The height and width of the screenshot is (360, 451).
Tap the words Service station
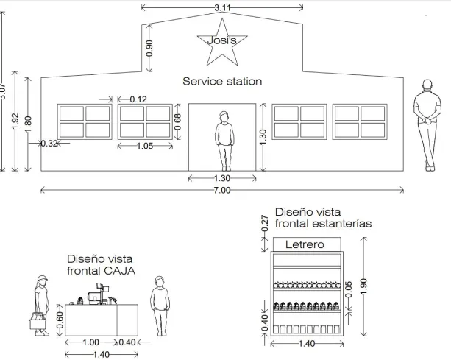point(222,82)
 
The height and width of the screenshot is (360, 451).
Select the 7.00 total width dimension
point(222,190)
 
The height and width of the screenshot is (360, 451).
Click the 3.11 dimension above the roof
point(222,8)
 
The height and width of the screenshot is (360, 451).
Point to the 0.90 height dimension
point(149,49)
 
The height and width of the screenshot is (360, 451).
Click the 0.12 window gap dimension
point(138,99)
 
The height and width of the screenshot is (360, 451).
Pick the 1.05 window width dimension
point(145,146)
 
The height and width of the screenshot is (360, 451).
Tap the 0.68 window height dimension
point(178,121)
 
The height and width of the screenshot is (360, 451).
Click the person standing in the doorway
point(224,141)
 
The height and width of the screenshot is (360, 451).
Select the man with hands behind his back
point(427,125)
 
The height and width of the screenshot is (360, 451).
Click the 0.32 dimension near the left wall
point(49,144)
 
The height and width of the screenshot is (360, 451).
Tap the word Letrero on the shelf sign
point(305,244)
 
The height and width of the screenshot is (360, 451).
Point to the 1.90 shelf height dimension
point(364,286)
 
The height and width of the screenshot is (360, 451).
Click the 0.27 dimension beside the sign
point(265,223)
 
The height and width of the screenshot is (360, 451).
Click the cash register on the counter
point(99,294)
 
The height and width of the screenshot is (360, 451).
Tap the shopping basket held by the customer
point(38,320)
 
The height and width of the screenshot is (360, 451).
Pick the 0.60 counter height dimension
point(60,320)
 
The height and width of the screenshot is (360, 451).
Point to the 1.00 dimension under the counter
point(91,342)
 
